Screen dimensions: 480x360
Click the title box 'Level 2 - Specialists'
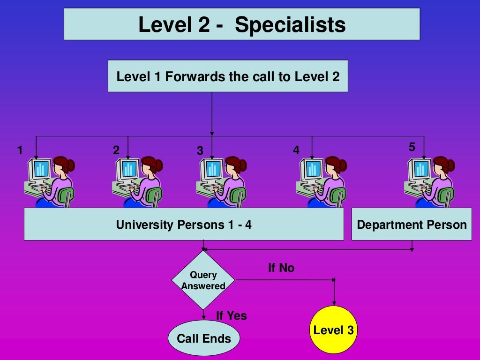241,24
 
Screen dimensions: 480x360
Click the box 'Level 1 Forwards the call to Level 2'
228,76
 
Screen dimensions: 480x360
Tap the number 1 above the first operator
20,150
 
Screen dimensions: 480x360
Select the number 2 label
116,150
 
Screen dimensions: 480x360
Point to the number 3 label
200,151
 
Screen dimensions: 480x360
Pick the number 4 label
296,150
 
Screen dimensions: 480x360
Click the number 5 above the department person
412,147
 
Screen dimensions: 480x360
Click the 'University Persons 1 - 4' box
184,225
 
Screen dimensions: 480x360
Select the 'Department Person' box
412,225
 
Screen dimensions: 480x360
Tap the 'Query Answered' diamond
203,280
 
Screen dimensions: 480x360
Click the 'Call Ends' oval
204,338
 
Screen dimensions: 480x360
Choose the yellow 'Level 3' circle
334,330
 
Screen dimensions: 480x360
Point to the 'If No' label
281,268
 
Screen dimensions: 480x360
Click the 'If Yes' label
231,316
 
